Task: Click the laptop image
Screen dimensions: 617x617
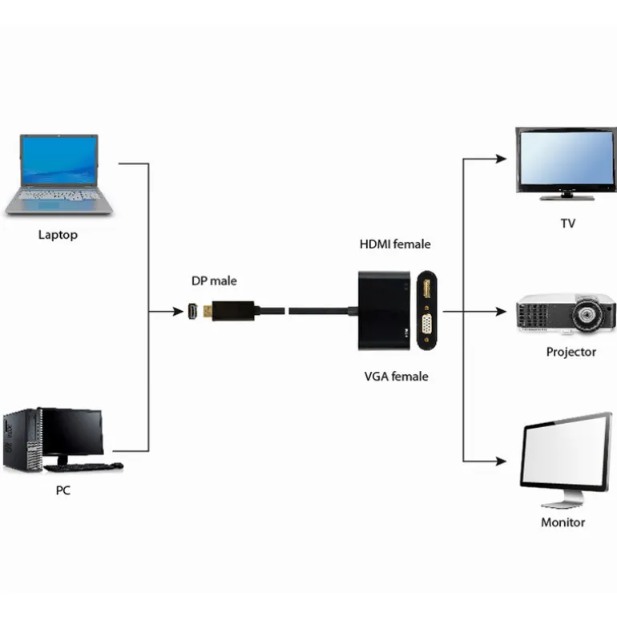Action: pyautogui.click(x=59, y=175)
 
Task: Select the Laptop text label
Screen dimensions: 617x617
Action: pyautogui.click(x=58, y=235)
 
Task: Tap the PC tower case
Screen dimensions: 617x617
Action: pyautogui.click(x=22, y=440)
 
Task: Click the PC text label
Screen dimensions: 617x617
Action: pyautogui.click(x=63, y=490)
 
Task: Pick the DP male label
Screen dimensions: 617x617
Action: pyautogui.click(x=214, y=280)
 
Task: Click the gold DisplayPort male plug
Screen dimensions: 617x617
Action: pyautogui.click(x=208, y=311)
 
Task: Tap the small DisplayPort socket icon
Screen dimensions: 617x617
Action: pyautogui.click(x=192, y=311)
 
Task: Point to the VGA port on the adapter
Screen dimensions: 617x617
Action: pyautogui.click(x=426, y=326)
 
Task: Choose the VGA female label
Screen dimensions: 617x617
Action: pyautogui.click(x=396, y=376)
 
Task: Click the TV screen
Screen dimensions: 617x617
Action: pyautogui.click(x=566, y=158)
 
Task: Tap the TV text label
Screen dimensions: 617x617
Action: pyautogui.click(x=567, y=224)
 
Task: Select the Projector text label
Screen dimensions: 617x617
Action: pyautogui.click(x=571, y=352)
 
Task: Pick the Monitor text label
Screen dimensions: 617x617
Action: pyautogui.click(x=563, y=522)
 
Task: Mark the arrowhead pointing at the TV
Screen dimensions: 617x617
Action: pyautogui.click(x=501, y=159)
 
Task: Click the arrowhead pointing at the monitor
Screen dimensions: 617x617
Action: pyautogui.click(x=501, y=462)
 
